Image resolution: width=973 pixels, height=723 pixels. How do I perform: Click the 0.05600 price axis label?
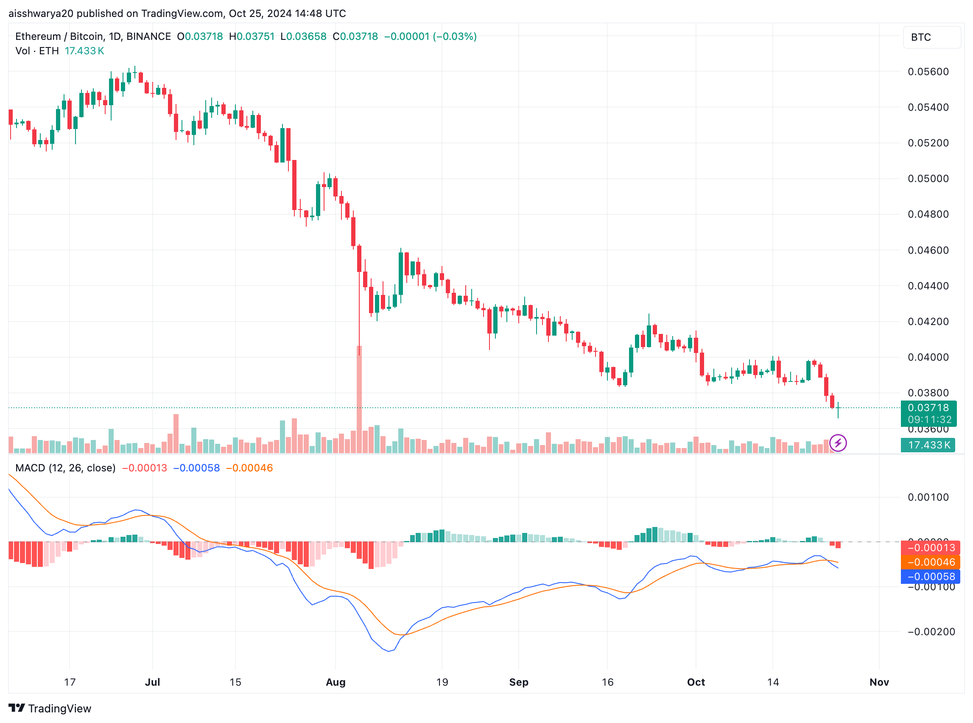928,72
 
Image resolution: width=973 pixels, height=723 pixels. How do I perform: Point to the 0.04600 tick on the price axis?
928,250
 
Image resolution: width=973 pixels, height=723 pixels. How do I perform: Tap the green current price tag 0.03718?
928,408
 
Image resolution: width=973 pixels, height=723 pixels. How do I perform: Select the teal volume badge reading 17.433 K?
928,446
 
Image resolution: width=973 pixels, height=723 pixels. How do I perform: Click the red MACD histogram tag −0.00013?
931,547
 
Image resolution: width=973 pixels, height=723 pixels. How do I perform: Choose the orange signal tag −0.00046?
931,562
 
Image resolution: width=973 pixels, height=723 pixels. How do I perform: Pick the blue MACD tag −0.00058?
931,576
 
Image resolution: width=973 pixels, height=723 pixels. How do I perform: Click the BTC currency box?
931,37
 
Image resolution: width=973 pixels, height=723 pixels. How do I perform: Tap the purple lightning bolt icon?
837,443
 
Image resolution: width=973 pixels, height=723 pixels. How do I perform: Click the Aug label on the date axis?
336,682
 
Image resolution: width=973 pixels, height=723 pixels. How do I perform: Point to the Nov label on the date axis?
879,682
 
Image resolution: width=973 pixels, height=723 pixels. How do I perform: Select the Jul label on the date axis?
152,682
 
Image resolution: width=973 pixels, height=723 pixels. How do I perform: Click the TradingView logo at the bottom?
50,708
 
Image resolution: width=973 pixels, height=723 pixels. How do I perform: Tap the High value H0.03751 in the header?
252,36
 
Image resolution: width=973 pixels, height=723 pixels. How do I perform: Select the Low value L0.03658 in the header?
303,36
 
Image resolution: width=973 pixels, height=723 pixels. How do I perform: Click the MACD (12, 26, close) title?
65,468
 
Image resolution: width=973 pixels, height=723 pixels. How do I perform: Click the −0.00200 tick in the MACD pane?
931,631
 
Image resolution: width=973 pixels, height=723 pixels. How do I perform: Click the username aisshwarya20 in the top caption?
41,14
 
